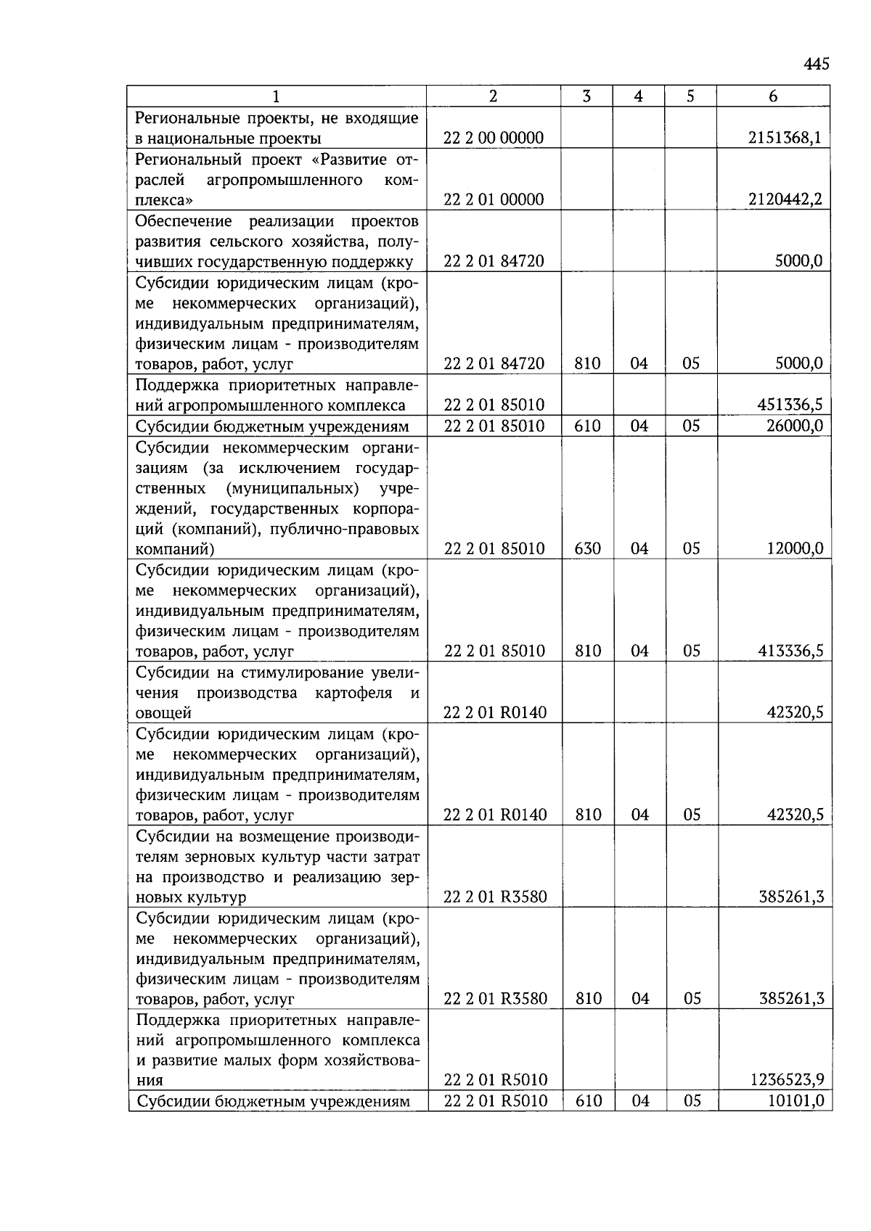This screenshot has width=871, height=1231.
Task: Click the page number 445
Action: (x=816, y=65)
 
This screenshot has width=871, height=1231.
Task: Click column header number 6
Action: (x=773, y=96)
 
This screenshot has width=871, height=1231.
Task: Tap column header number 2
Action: (x=494, y=96)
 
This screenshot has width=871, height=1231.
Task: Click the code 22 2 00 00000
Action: (x=494, y=138)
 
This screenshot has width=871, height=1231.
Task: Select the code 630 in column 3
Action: (x=587, y=548)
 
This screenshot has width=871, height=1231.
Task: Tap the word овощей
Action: (x=164, y=713)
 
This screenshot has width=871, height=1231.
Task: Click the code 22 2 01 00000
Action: (x=494, y=199)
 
